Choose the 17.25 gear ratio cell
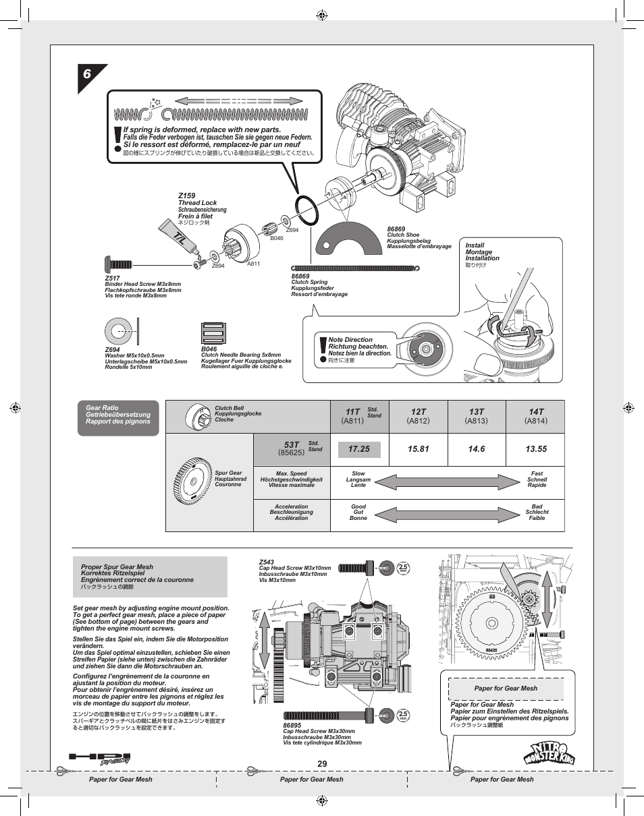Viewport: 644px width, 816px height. (x=359, y=449)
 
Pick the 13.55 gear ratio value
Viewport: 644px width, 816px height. (x=536, y=449)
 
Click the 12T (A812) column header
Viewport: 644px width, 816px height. (x=419, y=416)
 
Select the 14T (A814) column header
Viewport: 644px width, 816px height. (x=536, y=416)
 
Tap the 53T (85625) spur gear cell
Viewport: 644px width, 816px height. (x=292, y=449)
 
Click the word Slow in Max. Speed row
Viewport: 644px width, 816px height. (x=358, y=473)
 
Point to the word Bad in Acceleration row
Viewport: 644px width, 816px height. (x=537, y=506)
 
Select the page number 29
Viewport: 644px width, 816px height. (x=321, y=763)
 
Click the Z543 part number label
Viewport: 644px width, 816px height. (x=266, y=562)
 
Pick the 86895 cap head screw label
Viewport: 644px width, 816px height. (x=292, y=725)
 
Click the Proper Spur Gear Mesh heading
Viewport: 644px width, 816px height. (x=117, y=567)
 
